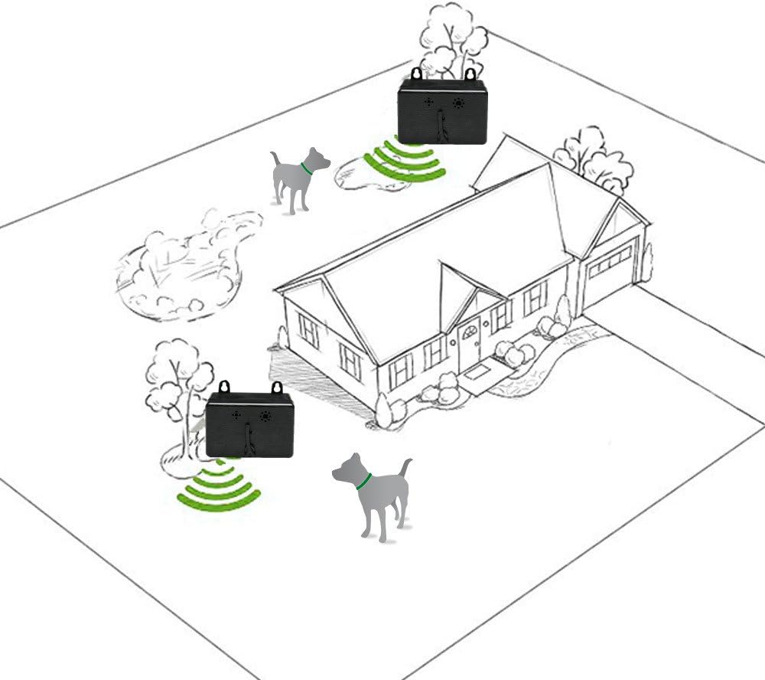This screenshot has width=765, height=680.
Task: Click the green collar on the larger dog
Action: (x=363, y=481)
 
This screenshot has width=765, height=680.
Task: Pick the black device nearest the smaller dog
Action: (x=442, y=112)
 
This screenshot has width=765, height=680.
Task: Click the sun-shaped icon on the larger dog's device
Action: (x=265, y=417)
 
